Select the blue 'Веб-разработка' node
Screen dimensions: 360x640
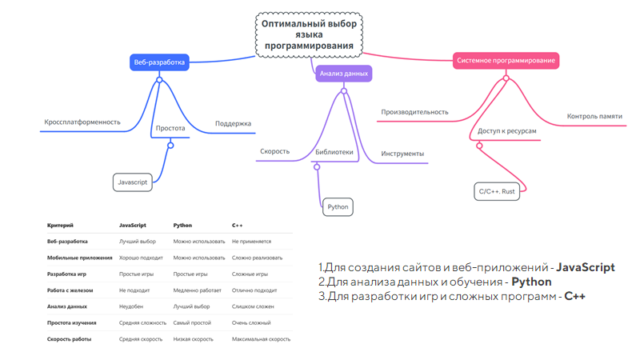pyautogui.click(x=159, y=62)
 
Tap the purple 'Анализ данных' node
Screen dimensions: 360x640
pyautogui.click(x=344, y=74)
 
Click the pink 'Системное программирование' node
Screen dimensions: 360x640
pyautogui.click(x=506, y=60)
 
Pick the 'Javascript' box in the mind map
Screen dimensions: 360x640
pyautogui.click(x=133, y=182)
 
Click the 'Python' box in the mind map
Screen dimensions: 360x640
pyautogui.click(x=338, y=207)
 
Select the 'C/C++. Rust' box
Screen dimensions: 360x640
pyautogui.click(x=497, y=192)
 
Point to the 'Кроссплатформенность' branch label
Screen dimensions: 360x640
pyautogui.click(x=82, y=122)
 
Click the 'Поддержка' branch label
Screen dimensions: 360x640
pyautogui.click(x=233, y=124)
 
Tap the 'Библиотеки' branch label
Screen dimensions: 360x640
pyautogui.click(x=334, y=151)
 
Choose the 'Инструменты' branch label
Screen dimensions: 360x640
pyautogui.click(x=402, y=154)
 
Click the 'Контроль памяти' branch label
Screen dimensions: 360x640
pyautogui.click(x=594, y=117)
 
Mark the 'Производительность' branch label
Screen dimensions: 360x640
pyautogui.click(x=414, y=112)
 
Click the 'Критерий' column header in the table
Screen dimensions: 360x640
pyautogui.click(x=61, y=226)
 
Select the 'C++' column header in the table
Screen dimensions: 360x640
pyautogui.click(x=238, y=226)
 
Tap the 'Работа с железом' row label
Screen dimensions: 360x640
pyautogui.click(x=70, y=290)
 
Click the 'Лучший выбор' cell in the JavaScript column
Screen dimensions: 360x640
pyautogui.click(x=138, y=241)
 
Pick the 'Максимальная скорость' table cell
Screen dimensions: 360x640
pyautogui.click(x=261, y=339)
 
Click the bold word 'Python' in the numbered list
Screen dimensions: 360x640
pyautogui.click(x=532, y=282)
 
